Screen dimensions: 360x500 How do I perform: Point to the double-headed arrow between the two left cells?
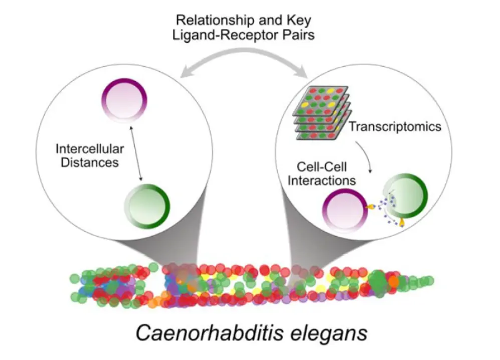pos(136,153)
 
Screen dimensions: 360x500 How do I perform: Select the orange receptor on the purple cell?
pos(370,206)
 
